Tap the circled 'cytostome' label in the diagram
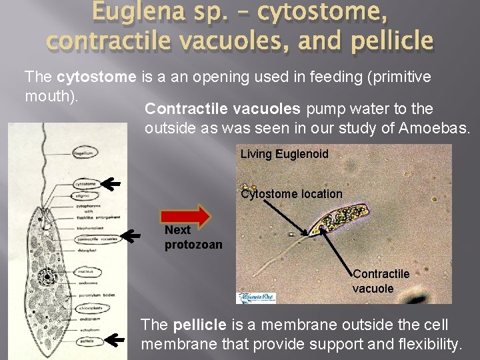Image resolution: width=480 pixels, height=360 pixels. point(86,183)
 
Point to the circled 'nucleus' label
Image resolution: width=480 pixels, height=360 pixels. point(84,272)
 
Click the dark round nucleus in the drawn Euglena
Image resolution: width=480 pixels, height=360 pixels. point(47,277)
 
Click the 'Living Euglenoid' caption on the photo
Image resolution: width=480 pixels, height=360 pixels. point(284,154)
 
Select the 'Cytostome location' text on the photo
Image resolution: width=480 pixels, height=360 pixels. point(291,194)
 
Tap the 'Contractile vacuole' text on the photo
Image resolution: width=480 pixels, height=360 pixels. point(381,281)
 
